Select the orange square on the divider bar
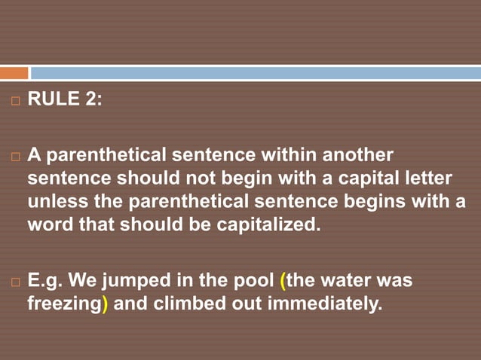pos(14,73)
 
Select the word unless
pos(54,202)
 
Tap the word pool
pos(253,282)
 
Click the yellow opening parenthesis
pos(283,282)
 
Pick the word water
pos(350,282)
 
